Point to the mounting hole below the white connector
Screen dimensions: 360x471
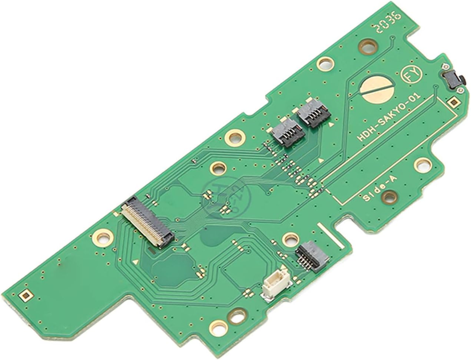point(235,317)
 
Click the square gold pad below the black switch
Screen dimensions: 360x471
point(453,101)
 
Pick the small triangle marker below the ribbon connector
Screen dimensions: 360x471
point(138,262)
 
